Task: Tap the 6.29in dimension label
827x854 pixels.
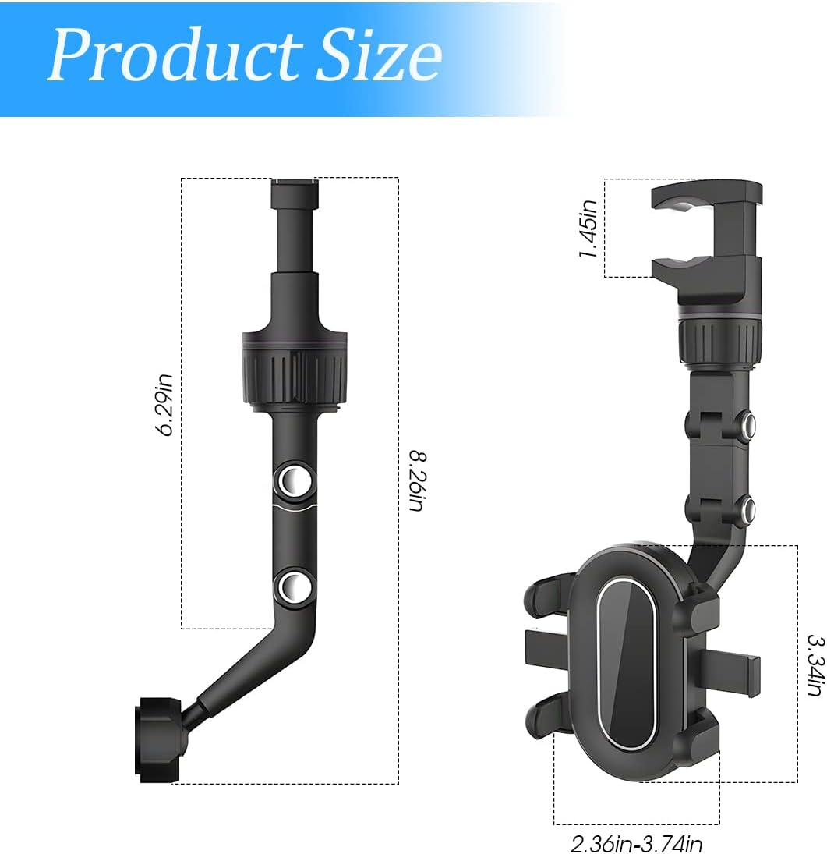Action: [165, 405]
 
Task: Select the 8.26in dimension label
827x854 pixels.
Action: [416, 480]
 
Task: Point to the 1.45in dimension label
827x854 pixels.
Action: [589, 229]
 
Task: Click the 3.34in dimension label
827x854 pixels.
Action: [815, 664]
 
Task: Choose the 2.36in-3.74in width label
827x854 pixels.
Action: [636, 843]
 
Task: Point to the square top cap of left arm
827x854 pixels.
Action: [295, 194]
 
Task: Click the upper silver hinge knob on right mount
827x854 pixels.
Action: [748, 425]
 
